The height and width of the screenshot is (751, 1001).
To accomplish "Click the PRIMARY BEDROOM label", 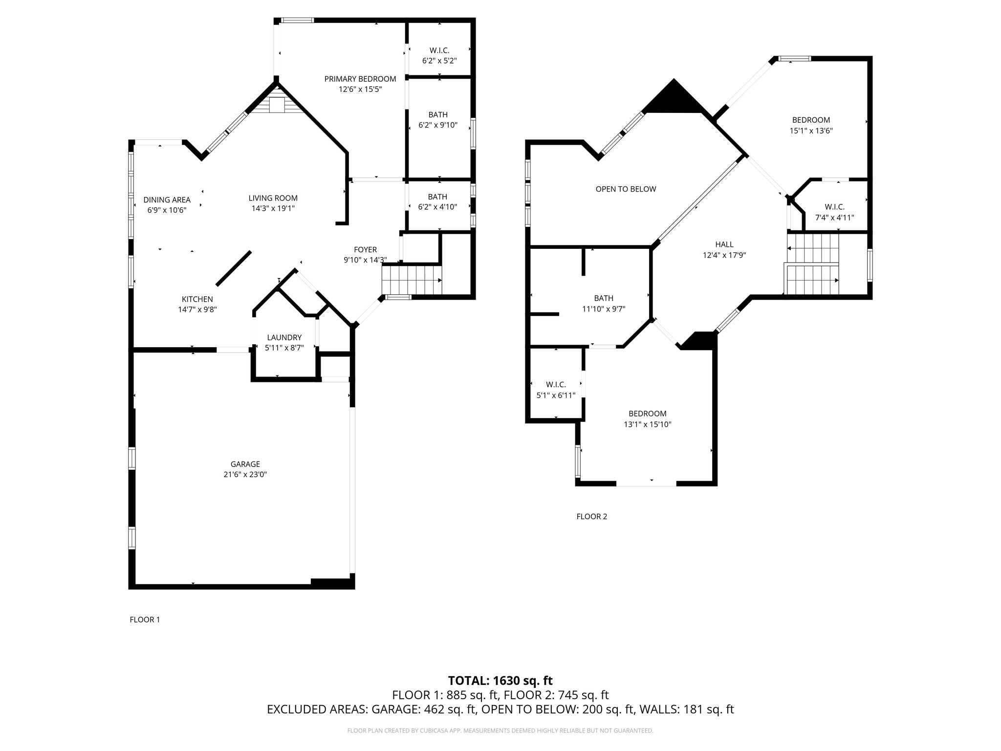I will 360,79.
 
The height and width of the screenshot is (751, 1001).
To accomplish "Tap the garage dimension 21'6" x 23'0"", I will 245,474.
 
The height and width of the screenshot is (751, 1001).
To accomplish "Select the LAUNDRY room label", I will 284,337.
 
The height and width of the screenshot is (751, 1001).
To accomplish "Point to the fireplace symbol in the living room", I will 277,105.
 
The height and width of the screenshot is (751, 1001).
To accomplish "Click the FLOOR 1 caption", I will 145,619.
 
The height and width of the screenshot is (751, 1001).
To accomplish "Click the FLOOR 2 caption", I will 591,516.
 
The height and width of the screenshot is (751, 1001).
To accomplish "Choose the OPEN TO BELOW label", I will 626,189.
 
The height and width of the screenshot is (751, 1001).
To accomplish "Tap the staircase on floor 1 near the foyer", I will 412,279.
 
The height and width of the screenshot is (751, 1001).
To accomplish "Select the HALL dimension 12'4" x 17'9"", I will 724,255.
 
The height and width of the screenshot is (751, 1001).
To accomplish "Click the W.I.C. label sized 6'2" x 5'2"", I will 439,50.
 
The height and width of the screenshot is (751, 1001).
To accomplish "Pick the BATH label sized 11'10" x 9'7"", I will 604,298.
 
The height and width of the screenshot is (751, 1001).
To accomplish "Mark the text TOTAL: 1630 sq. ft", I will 500,681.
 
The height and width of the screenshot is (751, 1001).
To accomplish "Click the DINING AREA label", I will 167,200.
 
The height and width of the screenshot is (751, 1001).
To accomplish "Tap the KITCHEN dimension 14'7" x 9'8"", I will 197,309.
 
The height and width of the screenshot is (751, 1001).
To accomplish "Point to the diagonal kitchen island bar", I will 234,268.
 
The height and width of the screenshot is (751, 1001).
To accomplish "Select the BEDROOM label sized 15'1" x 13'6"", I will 811,120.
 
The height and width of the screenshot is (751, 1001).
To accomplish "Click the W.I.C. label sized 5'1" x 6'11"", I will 556,385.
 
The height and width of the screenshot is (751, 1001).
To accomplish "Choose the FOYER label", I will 365,250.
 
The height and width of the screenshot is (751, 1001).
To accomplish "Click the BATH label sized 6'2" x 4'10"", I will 437,197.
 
